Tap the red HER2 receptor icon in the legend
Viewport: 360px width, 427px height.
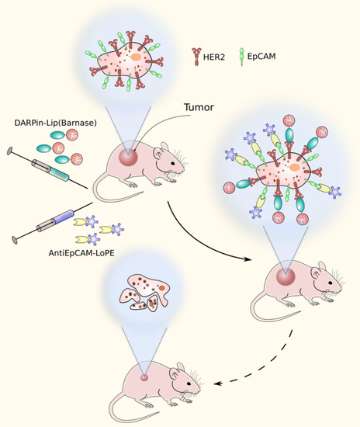pyautogui.click(x=198, y=56)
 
